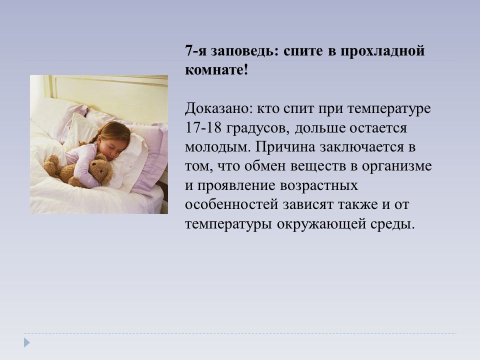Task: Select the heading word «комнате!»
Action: coord(216,70)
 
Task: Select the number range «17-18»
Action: coord(203,127)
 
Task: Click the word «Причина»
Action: coord(285,147)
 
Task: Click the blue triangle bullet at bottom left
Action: coord(27,342)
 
